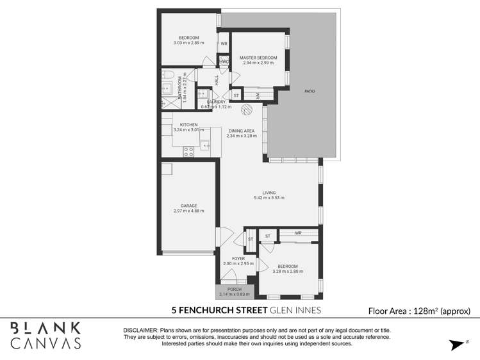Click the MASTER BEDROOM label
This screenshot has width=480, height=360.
click(x=258, y=58)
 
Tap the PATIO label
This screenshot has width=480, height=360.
click(x=309, y=92)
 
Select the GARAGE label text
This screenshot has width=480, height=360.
click(x=188, y=206)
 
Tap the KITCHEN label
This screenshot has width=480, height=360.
click(x=188, y=124)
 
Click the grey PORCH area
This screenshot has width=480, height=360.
click(x=235, y=291)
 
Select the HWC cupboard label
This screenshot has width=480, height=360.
click(x=224, y=61)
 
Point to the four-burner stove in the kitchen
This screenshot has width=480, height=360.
click(x=189, y=152)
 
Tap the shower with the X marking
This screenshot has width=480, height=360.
click(x=165, y=102)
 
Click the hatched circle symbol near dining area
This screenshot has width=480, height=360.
click(x=246, y=110)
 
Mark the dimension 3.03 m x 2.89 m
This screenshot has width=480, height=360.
click(x=188, y=43)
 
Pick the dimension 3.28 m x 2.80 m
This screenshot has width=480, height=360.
click(x=287, y=271)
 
